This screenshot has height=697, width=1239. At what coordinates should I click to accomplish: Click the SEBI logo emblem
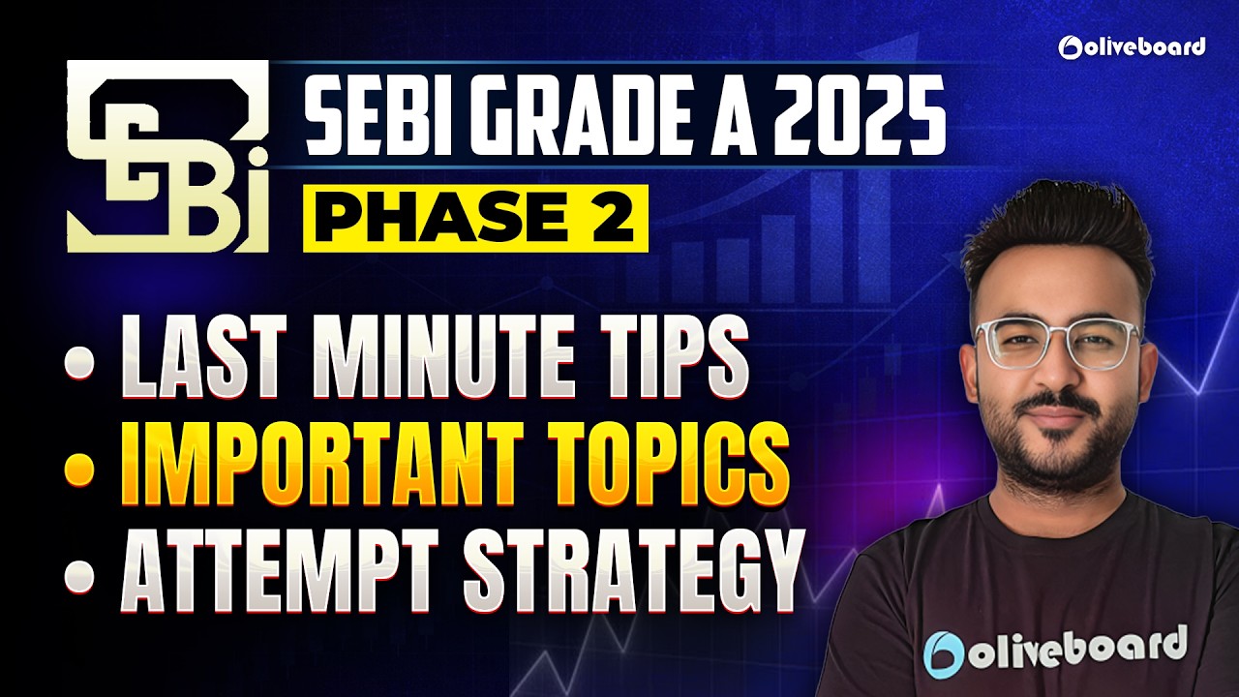point(166,156)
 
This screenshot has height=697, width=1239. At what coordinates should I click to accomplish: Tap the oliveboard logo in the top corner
point(1132,45)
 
